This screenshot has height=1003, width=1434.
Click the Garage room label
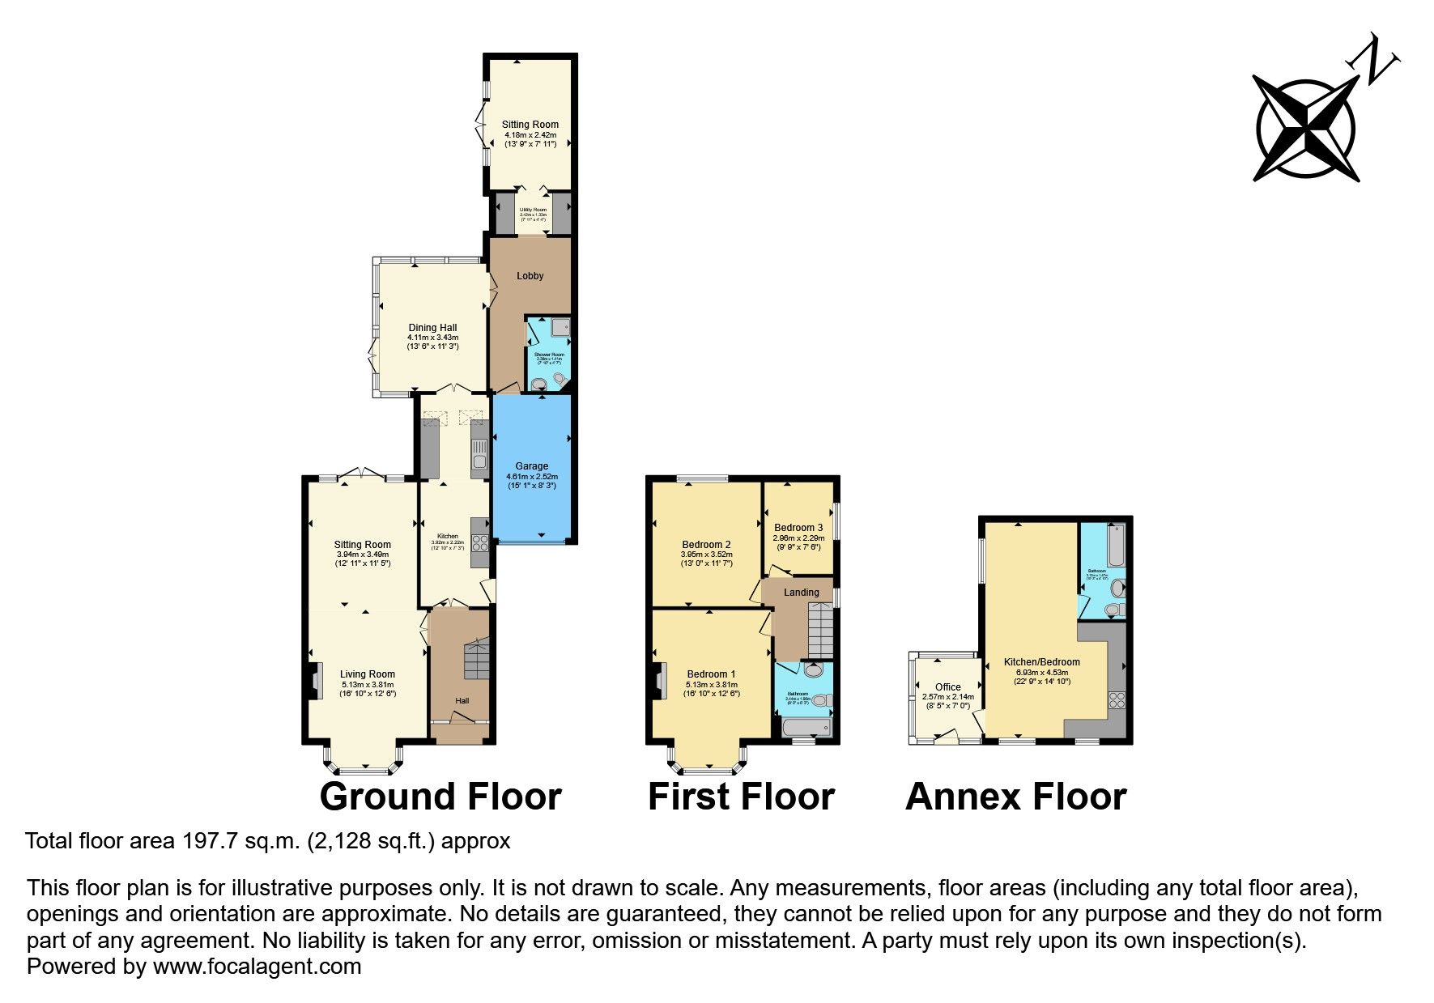pos(531,466)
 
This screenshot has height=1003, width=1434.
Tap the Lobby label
pos(530,276)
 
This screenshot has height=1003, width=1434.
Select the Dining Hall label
pos(432,328)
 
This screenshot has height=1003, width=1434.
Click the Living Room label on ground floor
pos(367,674)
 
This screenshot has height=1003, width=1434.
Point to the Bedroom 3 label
pos(798,528)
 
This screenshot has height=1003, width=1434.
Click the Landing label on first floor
pos(801,593)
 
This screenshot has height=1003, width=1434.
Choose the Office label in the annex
pos(947,687)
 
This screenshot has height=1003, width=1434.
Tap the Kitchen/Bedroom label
pos(1041,662)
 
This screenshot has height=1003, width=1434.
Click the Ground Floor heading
pos(440,797)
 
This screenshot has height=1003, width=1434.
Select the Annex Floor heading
pos(1015,797)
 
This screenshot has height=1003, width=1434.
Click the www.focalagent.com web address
pos(257,967)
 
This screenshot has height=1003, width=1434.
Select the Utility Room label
pos(533,210)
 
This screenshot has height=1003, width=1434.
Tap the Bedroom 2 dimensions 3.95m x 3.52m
pos(707,555)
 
